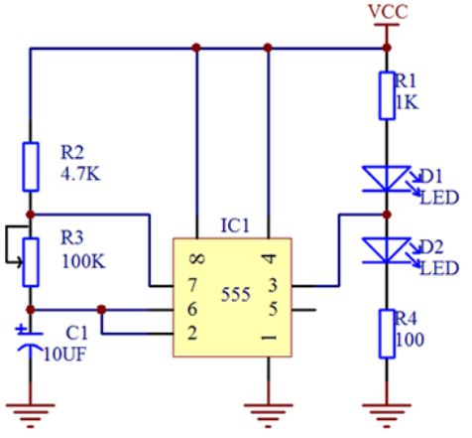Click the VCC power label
tap(388, 12)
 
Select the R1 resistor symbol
tap(387, 95)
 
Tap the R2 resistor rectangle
tap(31, 167)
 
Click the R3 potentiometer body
tap(31, 262)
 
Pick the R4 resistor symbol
tap(387, 334)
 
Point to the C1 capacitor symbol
tap(30, 341)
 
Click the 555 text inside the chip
tap(236, 294)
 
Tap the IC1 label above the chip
tap(235, 225)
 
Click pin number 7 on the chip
tap(192, 285)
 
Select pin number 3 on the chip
tap(273, 285)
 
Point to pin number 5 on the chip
tap(273, 309)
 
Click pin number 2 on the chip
tap(192, 333)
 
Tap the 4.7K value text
tap(80, 173)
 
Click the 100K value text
tap(83, 261)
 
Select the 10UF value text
tap(64, 355)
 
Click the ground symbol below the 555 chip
tap(268, 416)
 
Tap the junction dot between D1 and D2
tap(387, 215)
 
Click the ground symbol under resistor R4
tap(387, 416)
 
